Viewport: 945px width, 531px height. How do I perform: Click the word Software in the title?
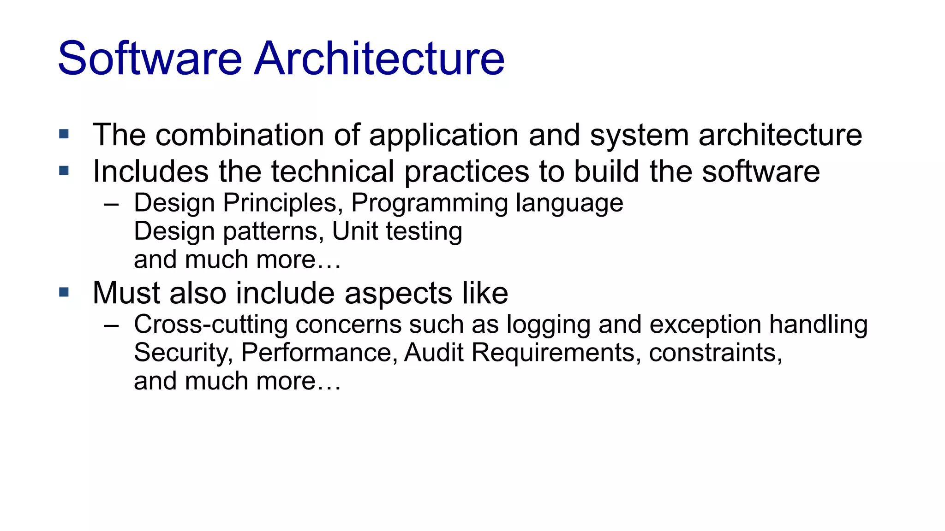150,59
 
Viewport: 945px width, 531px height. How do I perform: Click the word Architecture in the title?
379,59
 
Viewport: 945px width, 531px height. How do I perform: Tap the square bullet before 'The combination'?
64,135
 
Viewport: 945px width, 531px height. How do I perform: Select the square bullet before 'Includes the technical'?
64,171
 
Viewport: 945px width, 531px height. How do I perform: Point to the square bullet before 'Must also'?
64,292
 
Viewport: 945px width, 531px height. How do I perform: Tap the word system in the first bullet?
639,136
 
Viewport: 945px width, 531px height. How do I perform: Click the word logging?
548,325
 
